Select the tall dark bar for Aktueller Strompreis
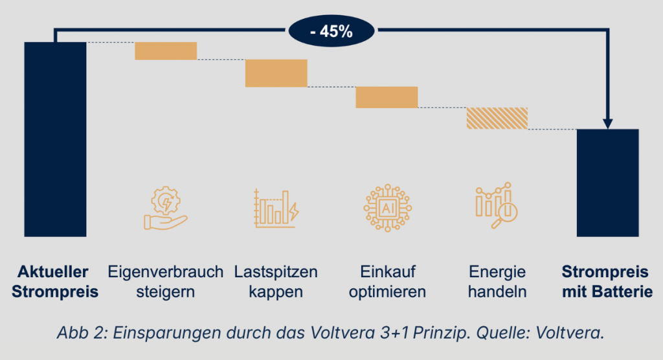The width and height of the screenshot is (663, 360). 55,139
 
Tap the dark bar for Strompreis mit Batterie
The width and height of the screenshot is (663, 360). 608,183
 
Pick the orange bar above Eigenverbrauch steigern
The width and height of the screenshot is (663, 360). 166,51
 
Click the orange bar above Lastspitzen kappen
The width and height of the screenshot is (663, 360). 276,73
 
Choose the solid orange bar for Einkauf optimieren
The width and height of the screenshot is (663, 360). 387,97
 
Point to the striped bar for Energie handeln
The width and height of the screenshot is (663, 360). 497,118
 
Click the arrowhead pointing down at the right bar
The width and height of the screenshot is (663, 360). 608,123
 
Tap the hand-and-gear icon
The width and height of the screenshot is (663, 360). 165,207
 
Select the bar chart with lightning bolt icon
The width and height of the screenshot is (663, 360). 276,208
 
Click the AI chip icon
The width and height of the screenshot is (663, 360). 387,208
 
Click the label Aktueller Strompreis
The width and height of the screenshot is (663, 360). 55,281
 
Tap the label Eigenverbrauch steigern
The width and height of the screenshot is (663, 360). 166,281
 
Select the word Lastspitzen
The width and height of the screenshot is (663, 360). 276,271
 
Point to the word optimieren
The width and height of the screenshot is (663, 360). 387,291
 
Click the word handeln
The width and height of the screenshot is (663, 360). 497,291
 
